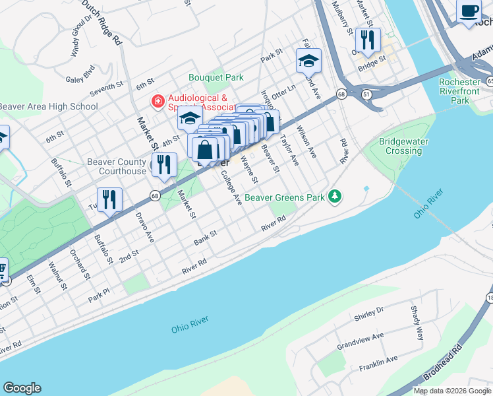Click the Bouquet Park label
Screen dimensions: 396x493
tap(216, 77)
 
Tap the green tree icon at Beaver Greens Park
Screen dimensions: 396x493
tap(335, 196)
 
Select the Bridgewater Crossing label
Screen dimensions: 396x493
tap(404, 146)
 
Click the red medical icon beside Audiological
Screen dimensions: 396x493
tap(157, 101)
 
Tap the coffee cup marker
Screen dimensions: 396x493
tap(469, 11)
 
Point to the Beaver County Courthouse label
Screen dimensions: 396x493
tap(117, 166)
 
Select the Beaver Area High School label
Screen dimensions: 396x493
tap(49, 106)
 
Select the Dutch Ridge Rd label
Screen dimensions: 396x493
tap(103, 21)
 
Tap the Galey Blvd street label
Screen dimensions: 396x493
tap(80, 70)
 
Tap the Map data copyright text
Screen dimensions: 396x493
tap(452, 391)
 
